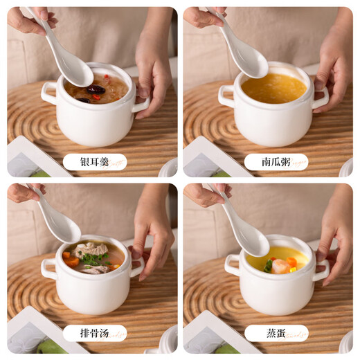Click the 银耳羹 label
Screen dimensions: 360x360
(94, 162)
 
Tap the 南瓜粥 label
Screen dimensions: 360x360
(276, 162)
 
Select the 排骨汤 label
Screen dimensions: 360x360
(94, 333)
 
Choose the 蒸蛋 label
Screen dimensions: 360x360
(276, 333)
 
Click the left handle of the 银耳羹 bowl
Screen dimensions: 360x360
(48, 92)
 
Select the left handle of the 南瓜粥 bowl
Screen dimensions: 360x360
(226, 96)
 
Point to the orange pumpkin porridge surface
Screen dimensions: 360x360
(274, 88)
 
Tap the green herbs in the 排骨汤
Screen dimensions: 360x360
(96, 259)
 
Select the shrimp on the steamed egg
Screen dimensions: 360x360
(281, 266)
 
